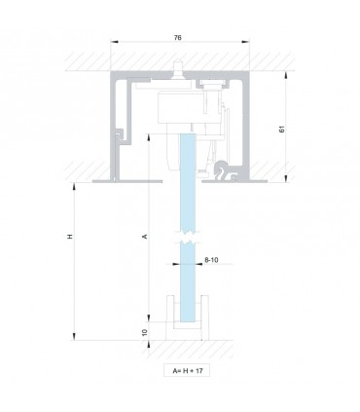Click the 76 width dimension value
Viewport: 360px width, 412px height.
coord(177,38)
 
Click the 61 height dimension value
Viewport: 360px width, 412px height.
coord(282,129)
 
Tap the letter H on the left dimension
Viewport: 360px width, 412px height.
coord(70,237)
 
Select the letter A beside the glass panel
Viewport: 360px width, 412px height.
coord(145,237)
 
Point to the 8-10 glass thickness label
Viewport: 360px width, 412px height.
coord(211,260)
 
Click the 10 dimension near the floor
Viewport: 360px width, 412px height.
coord(145,332)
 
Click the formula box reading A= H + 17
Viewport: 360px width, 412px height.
coord(187,370)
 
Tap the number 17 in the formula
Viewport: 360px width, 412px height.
coord(199,370)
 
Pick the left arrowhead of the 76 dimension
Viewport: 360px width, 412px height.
coord(114,42)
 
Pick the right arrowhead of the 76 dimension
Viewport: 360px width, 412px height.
coord(246,42)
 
